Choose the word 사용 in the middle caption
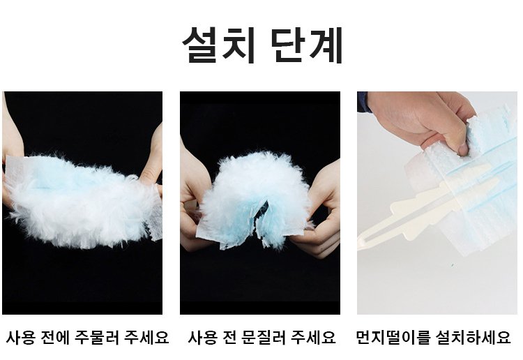pos(201,338)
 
